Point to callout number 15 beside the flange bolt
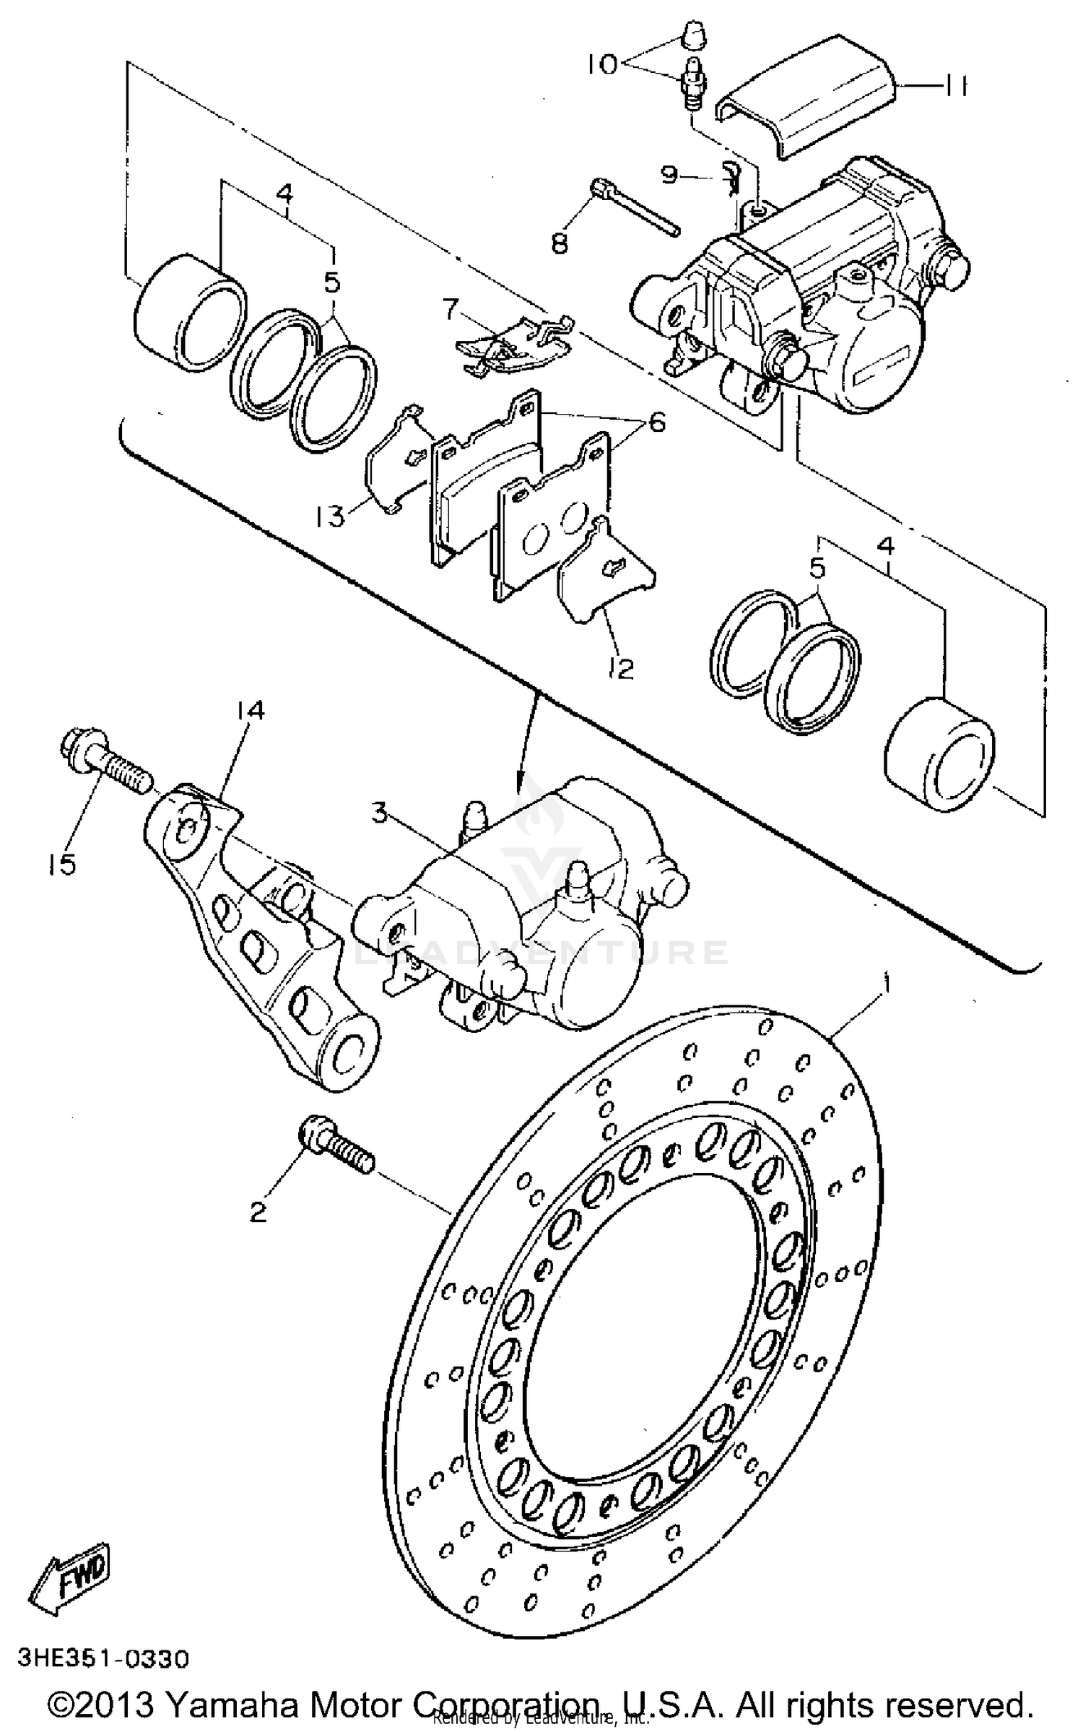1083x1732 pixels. coord(63,864)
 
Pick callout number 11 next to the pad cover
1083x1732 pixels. coord(955,87)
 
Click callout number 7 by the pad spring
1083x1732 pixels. coord(450,311)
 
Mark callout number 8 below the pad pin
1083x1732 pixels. coord(560,243)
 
